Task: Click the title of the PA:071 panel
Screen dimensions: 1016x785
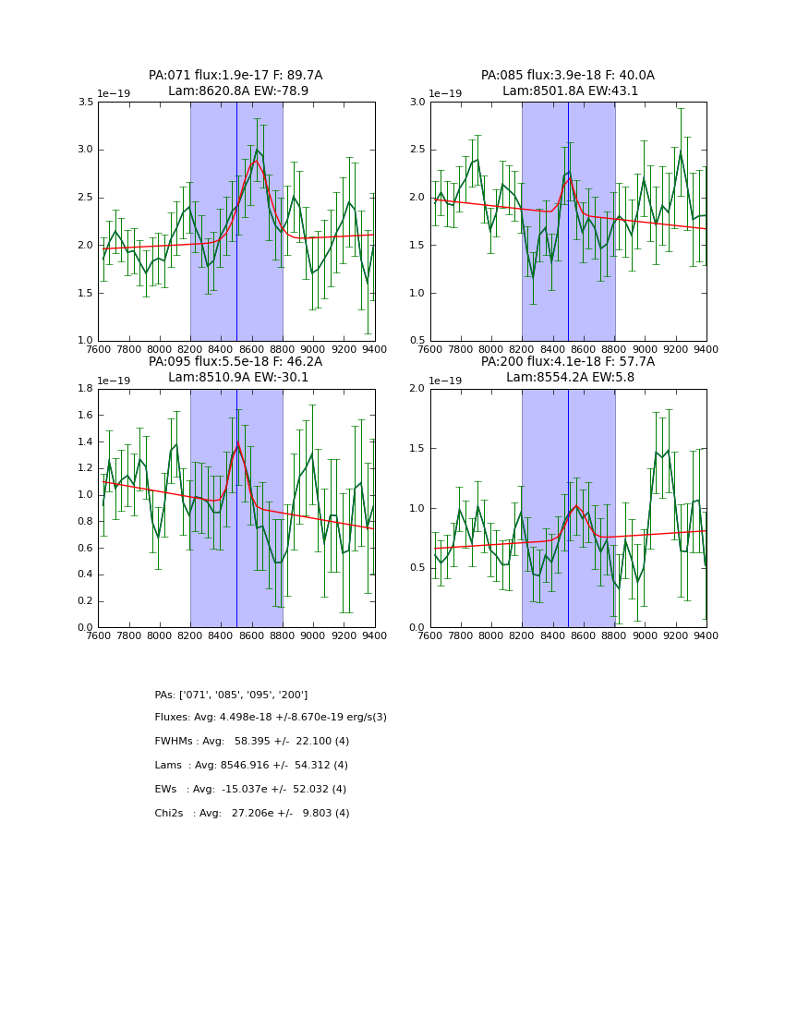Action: click(235, 83)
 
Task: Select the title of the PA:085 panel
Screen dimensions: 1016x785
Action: click(567, 83)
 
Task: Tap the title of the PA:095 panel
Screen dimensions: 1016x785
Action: click(235, 369)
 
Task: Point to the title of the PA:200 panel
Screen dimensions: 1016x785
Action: click(567, 369)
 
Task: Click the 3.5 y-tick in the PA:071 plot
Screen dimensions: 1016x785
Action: click(85, 102)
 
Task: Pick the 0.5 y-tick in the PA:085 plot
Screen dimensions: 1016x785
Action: click(417, 341)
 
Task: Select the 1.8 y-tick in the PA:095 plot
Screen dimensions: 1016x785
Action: click(85, 389)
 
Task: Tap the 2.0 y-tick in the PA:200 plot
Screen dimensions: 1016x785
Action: click(417, 389)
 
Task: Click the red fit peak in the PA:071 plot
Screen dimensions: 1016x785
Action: click(256, 162)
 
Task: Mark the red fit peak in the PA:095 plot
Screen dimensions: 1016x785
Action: click(238, 444)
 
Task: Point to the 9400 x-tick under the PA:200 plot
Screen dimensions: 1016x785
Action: click(706, 635)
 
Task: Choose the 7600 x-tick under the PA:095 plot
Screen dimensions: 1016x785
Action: click(98, 635)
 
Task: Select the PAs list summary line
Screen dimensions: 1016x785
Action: click(231, 695)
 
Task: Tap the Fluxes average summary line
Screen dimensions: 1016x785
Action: click(271, 718)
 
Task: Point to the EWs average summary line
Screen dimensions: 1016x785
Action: click(250, 790)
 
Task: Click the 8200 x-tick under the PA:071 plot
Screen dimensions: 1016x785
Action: click(190, 349)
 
